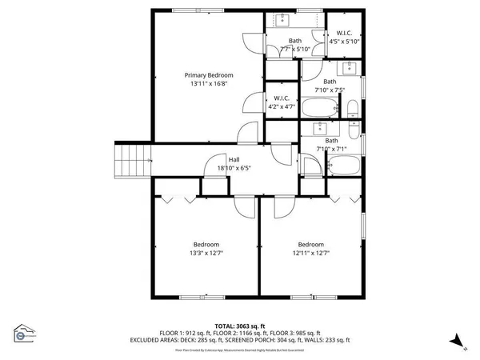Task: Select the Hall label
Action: [x=234, y=158]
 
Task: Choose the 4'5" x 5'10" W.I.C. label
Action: [x=346, y=41]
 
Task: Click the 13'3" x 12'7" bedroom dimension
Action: [x=206, y=254]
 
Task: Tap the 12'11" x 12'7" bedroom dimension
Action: [x=311, y=254]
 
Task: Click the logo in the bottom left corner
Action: [x=24, y=334]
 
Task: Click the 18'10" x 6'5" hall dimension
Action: [x=234, y=168]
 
